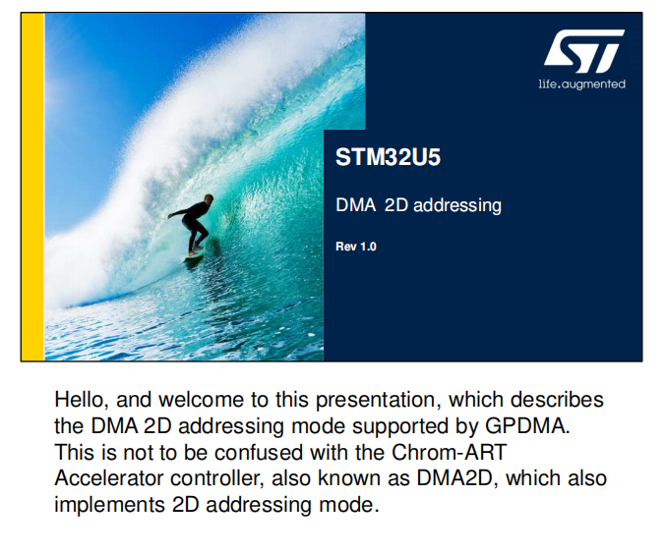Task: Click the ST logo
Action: tap(584, 51)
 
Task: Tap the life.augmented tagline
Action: tap(582, 83)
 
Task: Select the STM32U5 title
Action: tap(388, 157)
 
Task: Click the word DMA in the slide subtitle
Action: tap(355, 205)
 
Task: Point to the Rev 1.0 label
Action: tap(356, 247)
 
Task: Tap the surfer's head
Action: tap(208, 198)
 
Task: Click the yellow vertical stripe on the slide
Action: tap(32, 187)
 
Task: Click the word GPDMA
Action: tap(527, 426)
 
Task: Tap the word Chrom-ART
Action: tap(450, 452)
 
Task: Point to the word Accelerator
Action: tap(108, 478)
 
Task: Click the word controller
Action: tap(217, 479)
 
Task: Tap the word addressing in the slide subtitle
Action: tap(457, 206)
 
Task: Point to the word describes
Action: tap(557, 400)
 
